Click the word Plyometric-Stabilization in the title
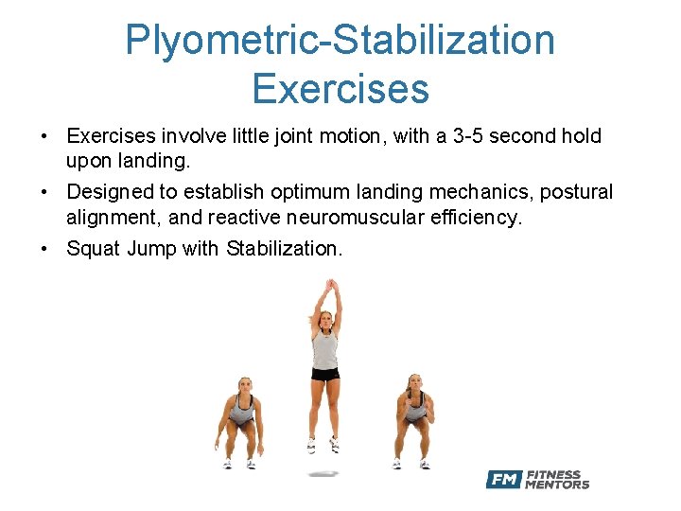coord(340,41)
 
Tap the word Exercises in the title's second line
coord(340,88)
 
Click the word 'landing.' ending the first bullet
coord(160,162)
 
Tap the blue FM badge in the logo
coord(504,480)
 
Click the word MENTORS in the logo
coord(557,485)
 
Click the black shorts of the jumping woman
coord(325,374)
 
